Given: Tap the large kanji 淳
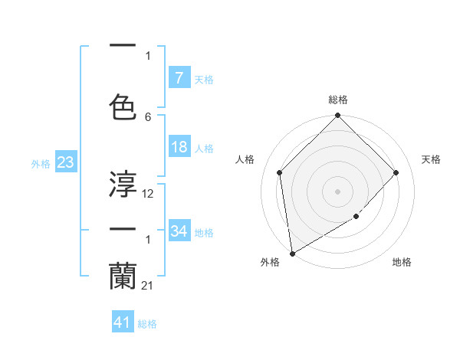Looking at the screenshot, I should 123,184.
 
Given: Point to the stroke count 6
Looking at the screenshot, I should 148,117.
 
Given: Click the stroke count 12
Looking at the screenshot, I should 148,194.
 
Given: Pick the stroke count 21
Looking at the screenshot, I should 148,286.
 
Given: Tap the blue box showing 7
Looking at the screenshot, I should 179,78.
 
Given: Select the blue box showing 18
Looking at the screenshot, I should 179,148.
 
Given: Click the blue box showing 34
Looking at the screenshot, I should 179,231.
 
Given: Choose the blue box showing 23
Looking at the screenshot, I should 64,162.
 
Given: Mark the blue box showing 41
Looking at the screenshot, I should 123,322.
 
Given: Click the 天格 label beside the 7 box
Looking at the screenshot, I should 204,79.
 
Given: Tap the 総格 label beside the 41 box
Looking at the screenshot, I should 147,323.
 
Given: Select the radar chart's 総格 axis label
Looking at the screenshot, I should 338,100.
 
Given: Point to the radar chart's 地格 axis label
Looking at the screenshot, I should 402,262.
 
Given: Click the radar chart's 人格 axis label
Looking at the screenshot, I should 245,159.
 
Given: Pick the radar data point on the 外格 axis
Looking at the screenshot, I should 292,254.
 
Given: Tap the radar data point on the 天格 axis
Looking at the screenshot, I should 396,172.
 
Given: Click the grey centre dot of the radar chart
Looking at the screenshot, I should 338,191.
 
